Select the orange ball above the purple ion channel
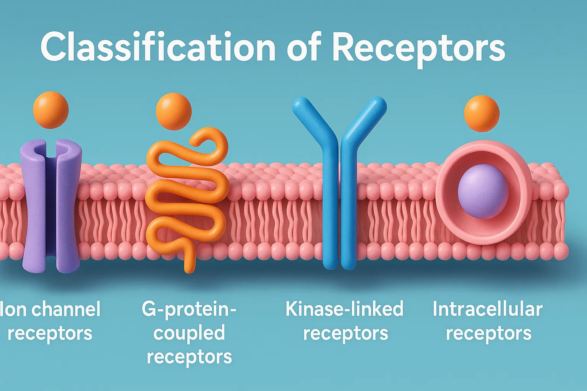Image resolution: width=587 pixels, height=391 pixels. [50, 110]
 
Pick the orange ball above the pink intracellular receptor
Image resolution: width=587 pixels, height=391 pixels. [482, 113]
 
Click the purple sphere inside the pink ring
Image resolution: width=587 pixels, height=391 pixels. [483, 191]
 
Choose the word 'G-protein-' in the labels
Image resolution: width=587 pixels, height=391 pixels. [189, 309]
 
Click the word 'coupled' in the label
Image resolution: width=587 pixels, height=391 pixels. [189, 333]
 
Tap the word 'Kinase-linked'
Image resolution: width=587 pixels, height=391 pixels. [344, 309]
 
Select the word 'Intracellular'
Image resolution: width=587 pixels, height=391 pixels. [487, 309]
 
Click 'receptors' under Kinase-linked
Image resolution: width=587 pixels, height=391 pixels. [345, 333]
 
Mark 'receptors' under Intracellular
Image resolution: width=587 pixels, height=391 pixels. [488, 333]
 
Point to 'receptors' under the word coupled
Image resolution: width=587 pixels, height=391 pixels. [189, 357]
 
